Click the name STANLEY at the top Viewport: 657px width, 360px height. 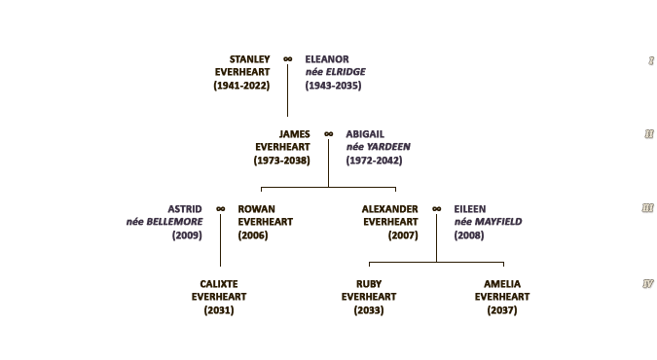[250, 59]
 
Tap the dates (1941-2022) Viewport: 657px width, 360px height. [241, 86]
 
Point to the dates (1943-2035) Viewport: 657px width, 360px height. [333, 86]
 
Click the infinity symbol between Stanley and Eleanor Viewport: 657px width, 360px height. [287, 59]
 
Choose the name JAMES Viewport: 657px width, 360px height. [295, 134]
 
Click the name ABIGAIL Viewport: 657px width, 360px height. [365, 134]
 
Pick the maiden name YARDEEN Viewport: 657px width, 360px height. [388, 147]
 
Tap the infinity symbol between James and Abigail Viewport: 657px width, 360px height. [329, 134]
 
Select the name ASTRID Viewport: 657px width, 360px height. [185, 209]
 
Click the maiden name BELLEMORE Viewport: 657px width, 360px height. [174, 222]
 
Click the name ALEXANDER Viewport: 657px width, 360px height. [390, 209]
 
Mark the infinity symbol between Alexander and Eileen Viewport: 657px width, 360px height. [437, 209]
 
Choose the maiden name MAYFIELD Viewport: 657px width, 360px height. [498, 222]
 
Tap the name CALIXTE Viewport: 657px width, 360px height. [219, 284]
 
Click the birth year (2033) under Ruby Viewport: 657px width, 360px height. [369, 310]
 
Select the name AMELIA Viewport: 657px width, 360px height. [502, 284]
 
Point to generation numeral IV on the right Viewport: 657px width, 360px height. [648, 284]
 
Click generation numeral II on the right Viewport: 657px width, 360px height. [648, 134]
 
